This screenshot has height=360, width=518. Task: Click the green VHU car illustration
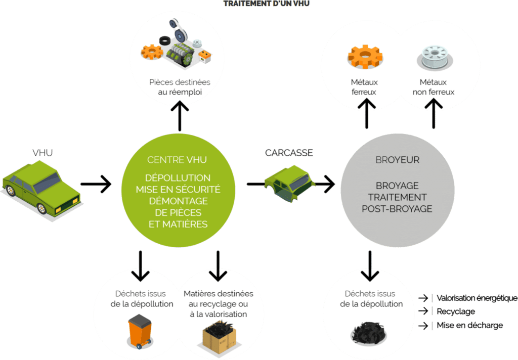(40, 186)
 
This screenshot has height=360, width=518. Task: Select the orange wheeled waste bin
(140, 331)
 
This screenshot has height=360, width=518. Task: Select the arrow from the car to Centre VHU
(96, 184)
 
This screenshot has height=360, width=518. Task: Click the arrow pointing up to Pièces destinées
(180, 114)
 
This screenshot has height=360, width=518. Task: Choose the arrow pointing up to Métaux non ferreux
(434, 112)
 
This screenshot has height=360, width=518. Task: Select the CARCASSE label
(289, 152)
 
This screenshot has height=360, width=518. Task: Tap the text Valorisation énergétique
(476, 298)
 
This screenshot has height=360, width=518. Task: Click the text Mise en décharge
(469, 326)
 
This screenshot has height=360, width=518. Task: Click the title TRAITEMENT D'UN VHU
(267, 4)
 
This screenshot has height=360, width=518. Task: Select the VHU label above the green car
(42, 152)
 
